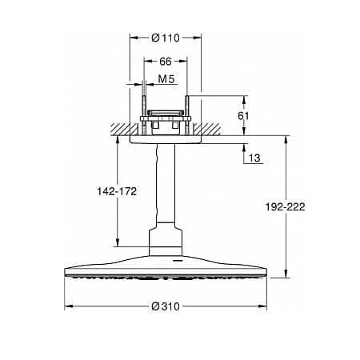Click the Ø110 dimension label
pyautogui.click(x=166, y=38)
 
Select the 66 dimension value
pyautogui.click(x=166, y=62)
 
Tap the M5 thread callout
pyautogui.click(x=166, y=79)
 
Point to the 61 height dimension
pyautogui.click(x=243, y=116)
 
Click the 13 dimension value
pyautogui.click(x=254, y=158)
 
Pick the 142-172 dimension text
pyautogui.click(x=117, y=191)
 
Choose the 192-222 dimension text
pyautogui.click(x=285, y=206)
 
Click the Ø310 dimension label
pyautogui.click(x=166, y=306)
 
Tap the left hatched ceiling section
pyautogui.click(x=125, y=129)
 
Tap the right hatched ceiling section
pyautogui.click(x=207, y=129)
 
